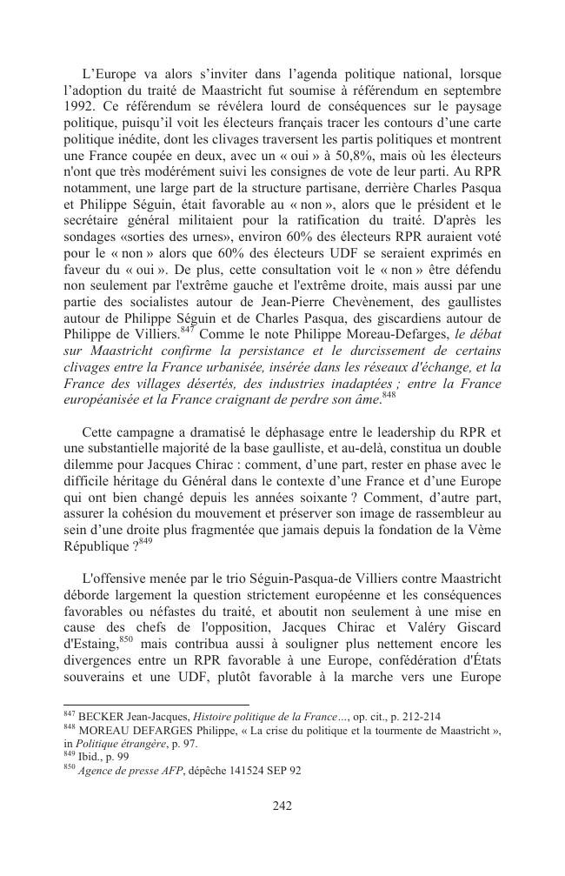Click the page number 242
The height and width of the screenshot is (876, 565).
click(x=282, y=806)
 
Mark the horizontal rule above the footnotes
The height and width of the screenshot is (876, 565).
click(x=156, y=705)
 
